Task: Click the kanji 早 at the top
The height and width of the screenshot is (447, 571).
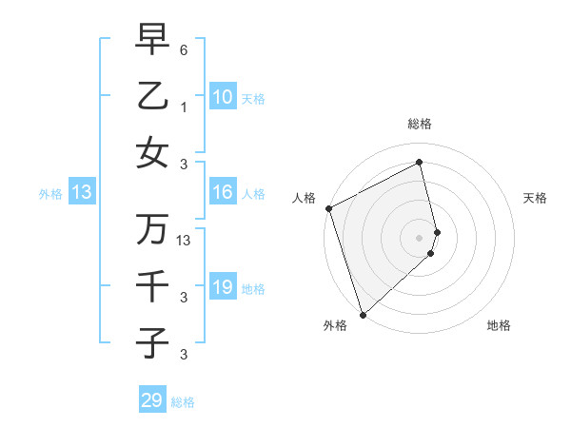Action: point(152,41)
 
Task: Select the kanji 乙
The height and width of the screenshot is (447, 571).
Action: point(152,97)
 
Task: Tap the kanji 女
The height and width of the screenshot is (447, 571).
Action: point(152,153)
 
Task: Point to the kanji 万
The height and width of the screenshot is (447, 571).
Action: point(152,228)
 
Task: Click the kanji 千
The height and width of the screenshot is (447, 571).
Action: point(152,284)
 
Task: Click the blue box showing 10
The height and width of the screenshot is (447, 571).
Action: point(223,97)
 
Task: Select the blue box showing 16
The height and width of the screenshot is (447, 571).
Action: point(223,192)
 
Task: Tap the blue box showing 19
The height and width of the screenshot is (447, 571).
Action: point(223,287)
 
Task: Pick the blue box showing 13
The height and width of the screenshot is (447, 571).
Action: point(82,193)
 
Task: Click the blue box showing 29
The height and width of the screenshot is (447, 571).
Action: point(152,400)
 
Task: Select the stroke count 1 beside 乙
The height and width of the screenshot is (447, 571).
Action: point(184,107)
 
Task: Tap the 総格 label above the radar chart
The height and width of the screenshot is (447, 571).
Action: point(420,124)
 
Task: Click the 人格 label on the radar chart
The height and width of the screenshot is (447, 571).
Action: point(304,198)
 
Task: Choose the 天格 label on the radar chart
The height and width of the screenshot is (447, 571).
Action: point(536,198)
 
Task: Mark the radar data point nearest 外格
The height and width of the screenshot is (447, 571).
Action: point(363,314)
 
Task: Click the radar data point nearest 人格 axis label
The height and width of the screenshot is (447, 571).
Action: point(328,208)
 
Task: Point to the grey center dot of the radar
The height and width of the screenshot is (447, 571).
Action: point(420,237)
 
